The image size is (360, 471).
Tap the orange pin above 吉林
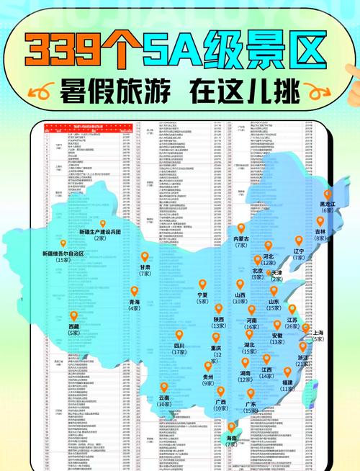320,221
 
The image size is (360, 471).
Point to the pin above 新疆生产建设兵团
104,223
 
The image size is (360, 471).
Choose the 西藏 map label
74,326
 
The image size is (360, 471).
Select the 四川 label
179,346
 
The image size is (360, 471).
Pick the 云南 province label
164,398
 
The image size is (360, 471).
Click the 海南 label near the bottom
232,437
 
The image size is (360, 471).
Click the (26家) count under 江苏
292,326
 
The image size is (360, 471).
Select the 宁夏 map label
202,294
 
